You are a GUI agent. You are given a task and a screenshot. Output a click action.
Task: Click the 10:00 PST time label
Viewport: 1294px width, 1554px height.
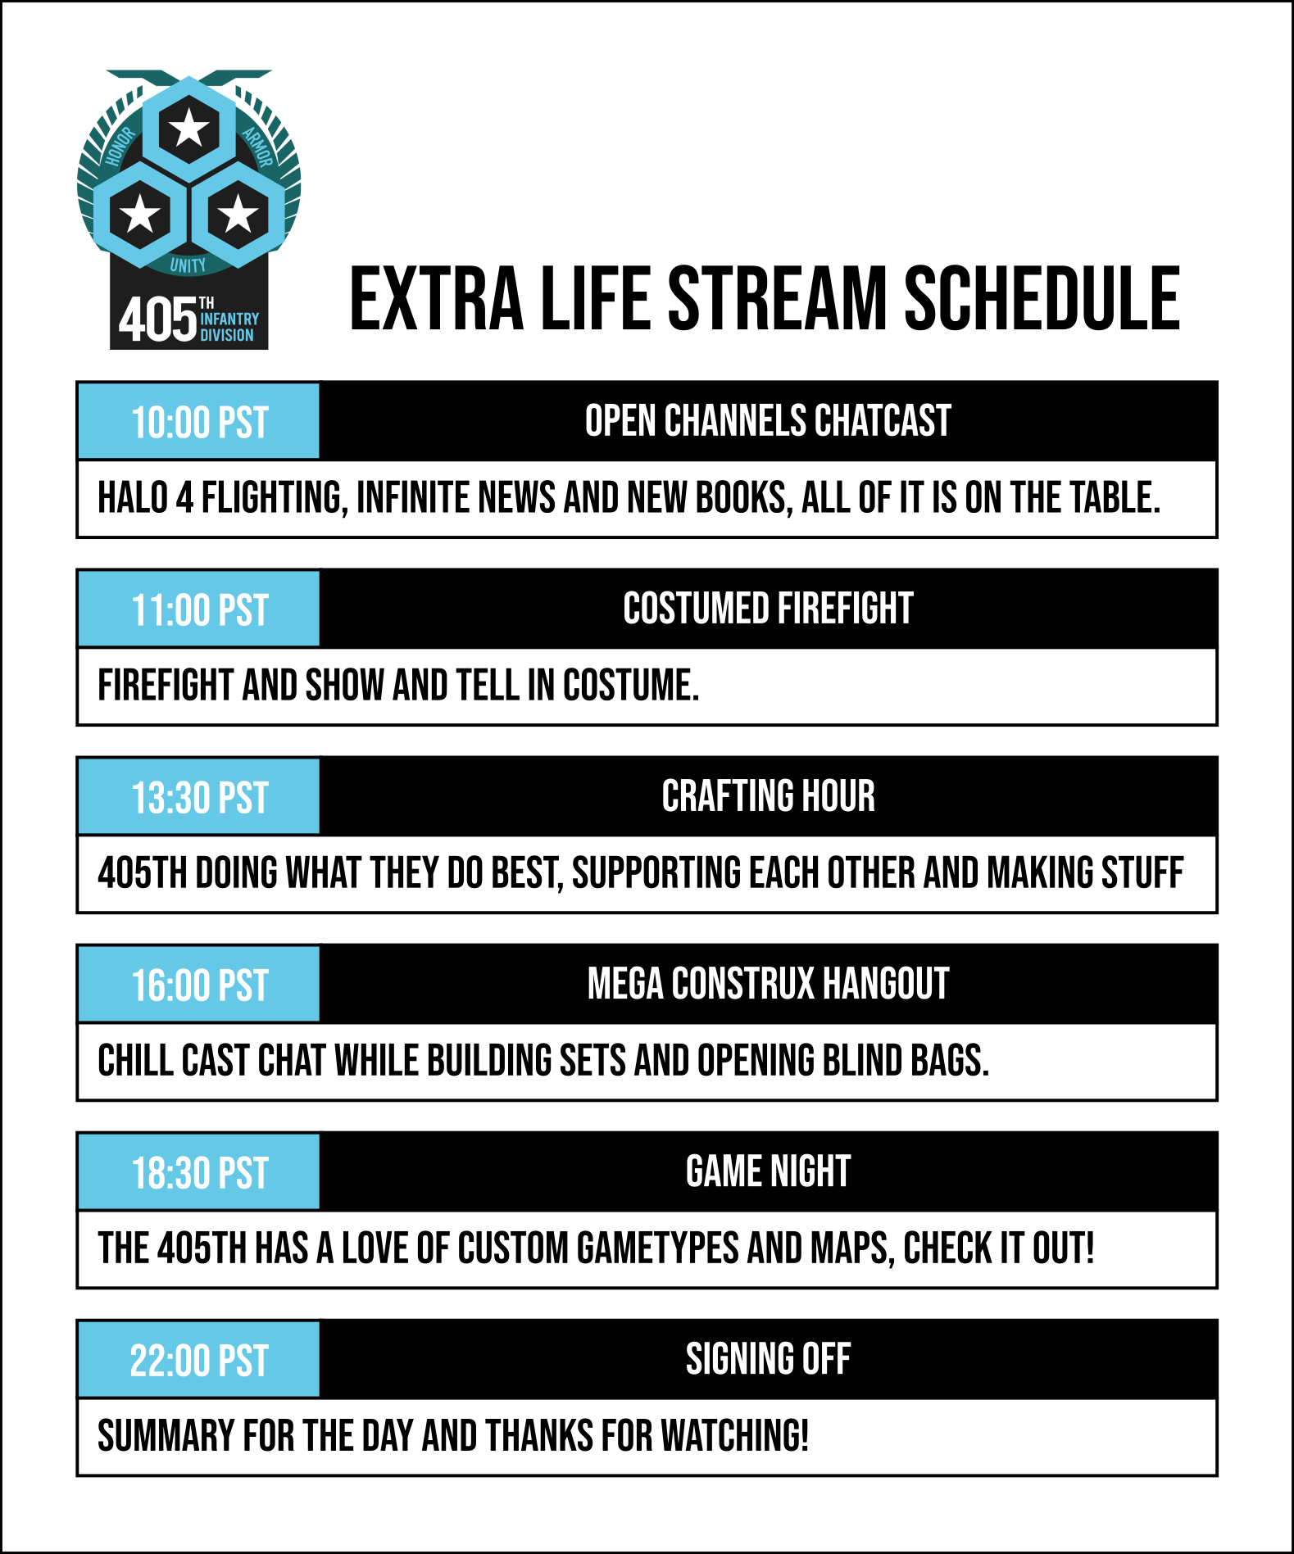[x=200, y=423]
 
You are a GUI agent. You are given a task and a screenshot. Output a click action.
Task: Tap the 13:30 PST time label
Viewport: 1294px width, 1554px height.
[x=200, y=798]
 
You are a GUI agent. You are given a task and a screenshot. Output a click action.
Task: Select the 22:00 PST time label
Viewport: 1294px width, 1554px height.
[x=199, y=1361]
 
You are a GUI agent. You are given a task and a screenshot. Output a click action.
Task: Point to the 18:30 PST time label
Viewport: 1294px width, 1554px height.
[x=200, y=1173]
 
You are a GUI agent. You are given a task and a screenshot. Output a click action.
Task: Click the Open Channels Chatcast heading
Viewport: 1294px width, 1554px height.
[x=768, y=421]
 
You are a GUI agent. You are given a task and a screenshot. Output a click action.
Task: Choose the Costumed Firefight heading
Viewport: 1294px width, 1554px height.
[x=768, y=609]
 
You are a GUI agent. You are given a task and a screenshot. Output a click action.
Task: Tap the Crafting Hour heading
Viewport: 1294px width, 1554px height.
[x=768, y=796]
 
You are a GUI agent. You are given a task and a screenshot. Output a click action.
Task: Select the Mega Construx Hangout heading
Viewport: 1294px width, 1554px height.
[x=768, y=984]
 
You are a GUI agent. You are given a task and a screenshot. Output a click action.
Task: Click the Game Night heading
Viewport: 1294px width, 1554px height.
[x=768, y=1171]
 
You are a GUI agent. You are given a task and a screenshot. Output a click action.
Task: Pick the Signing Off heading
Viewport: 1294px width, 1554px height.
[x=768, y=1359]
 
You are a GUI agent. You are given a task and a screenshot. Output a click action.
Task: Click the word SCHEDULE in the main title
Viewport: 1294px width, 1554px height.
[x=1042, y=299]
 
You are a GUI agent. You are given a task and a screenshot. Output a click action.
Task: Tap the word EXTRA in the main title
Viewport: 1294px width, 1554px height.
[x=436, y=299]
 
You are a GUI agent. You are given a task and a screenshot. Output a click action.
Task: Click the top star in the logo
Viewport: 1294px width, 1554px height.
[x=189, y=128]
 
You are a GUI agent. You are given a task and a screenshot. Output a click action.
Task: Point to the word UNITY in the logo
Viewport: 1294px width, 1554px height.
[x=188, y=265]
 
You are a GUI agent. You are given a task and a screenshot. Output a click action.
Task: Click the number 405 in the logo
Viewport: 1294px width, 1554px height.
[x=158, y=319]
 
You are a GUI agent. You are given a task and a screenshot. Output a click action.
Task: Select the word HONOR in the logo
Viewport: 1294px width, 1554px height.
[x=120, y=147]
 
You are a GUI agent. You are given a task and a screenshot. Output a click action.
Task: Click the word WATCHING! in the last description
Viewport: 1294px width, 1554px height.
[x=735, y=1436]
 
